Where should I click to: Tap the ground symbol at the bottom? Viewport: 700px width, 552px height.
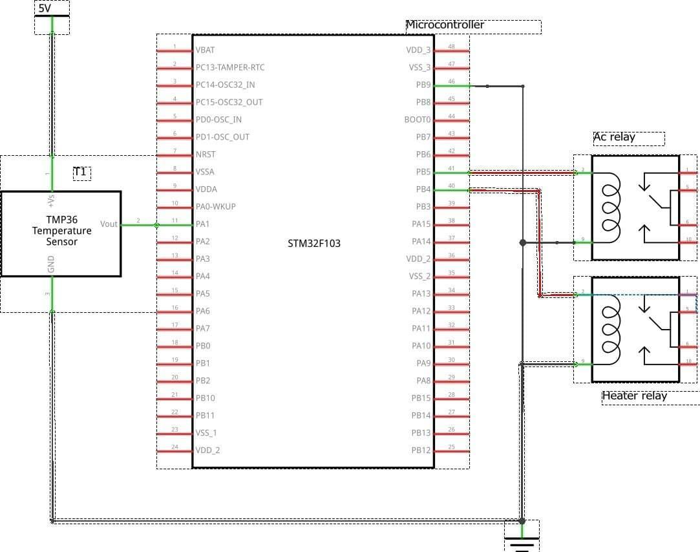[x=522, y=540]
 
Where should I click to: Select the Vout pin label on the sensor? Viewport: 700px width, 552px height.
[x=109, y=224]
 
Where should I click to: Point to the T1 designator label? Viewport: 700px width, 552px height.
[x=80, y=173]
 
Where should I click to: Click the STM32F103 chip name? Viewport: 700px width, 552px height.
[x=313, y=244]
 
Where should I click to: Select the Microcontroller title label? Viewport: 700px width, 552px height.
[x=445, y=25]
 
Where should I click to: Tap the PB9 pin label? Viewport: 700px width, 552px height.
[x=423, y=85]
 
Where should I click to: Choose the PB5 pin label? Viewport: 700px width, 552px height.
[x=423, y=172]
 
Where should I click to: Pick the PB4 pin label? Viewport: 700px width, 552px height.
[x=423, y=189]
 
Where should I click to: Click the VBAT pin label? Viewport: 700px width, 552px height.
[x=206, y=50]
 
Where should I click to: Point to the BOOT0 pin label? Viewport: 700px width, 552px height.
[x=418, y=120]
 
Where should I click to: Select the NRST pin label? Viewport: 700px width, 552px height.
[x=206, y=154]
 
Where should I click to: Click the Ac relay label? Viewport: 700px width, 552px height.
[x=614, y=137]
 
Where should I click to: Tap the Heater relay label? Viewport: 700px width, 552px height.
[x=634, y=396]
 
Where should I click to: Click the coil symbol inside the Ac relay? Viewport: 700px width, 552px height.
[x=610, y=207]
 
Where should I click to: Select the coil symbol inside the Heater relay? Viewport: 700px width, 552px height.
[x=610, y=330]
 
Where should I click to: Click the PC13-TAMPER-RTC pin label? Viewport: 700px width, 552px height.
[x=229, y=67]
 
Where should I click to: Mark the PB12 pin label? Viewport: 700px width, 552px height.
[x=421, y=450]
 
